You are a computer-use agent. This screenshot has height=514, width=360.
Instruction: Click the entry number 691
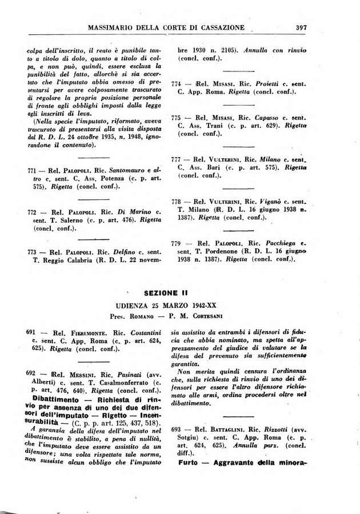point(33,332)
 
